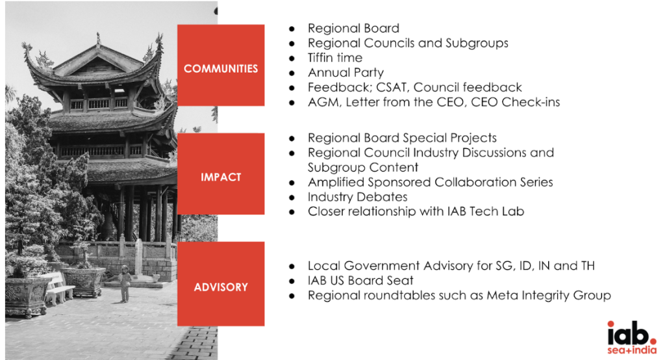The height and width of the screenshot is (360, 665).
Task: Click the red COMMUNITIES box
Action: click(221, 65)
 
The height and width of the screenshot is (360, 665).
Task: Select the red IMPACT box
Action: click(221, 174)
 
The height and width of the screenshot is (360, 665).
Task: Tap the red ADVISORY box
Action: click(221, 283)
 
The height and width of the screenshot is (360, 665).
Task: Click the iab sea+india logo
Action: click(631, 337)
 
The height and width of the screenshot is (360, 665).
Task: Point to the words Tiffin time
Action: click(335, 58)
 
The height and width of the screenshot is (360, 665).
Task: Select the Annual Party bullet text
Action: click(345, 73)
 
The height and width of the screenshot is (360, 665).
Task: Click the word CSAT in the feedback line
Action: click(392, 88)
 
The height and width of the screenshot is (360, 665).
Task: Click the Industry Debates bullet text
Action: click(358, 197)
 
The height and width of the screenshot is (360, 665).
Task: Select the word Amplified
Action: click(336, 183)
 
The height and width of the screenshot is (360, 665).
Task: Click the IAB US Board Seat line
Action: click(360, 281)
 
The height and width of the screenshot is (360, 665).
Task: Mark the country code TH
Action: click(588, 266)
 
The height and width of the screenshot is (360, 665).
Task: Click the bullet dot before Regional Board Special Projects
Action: click(292, 138)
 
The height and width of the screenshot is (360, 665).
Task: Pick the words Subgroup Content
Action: click(363, 168)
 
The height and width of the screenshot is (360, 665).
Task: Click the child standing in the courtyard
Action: click(125, 283)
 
